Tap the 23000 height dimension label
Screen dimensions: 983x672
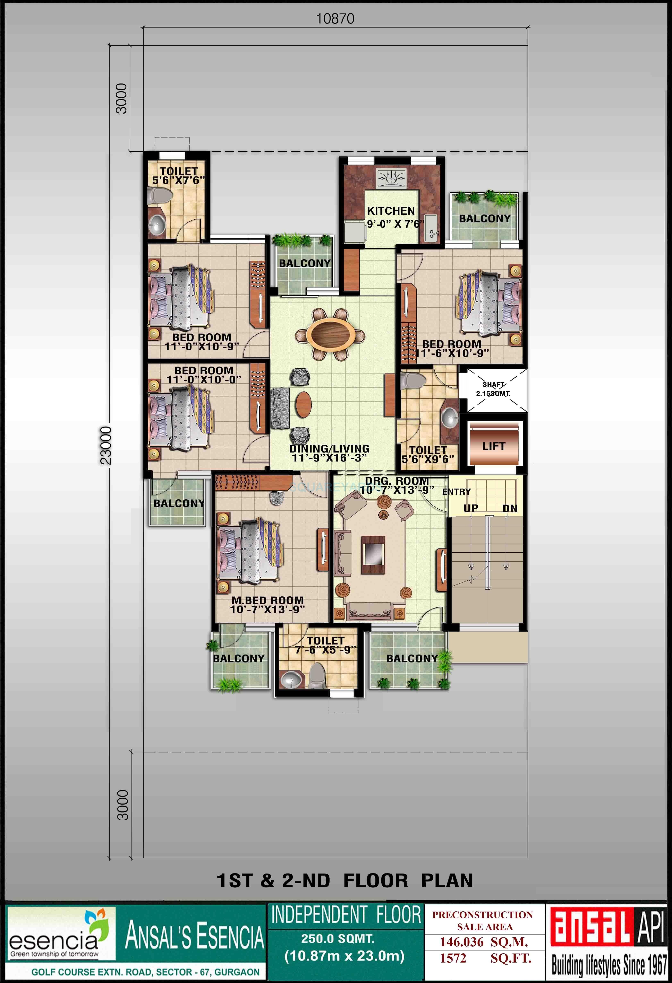click(x=106, y=445)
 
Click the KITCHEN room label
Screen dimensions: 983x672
click(x=391, y=211)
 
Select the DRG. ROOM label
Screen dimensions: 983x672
click(x=397, y=481)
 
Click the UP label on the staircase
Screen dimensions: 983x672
click(x=471, y=508)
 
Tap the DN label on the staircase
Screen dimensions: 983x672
click(x=510, y=508)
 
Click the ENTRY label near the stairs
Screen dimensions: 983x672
click(x=456, y=492)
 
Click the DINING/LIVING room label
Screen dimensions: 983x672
click(x=329, y=449)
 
